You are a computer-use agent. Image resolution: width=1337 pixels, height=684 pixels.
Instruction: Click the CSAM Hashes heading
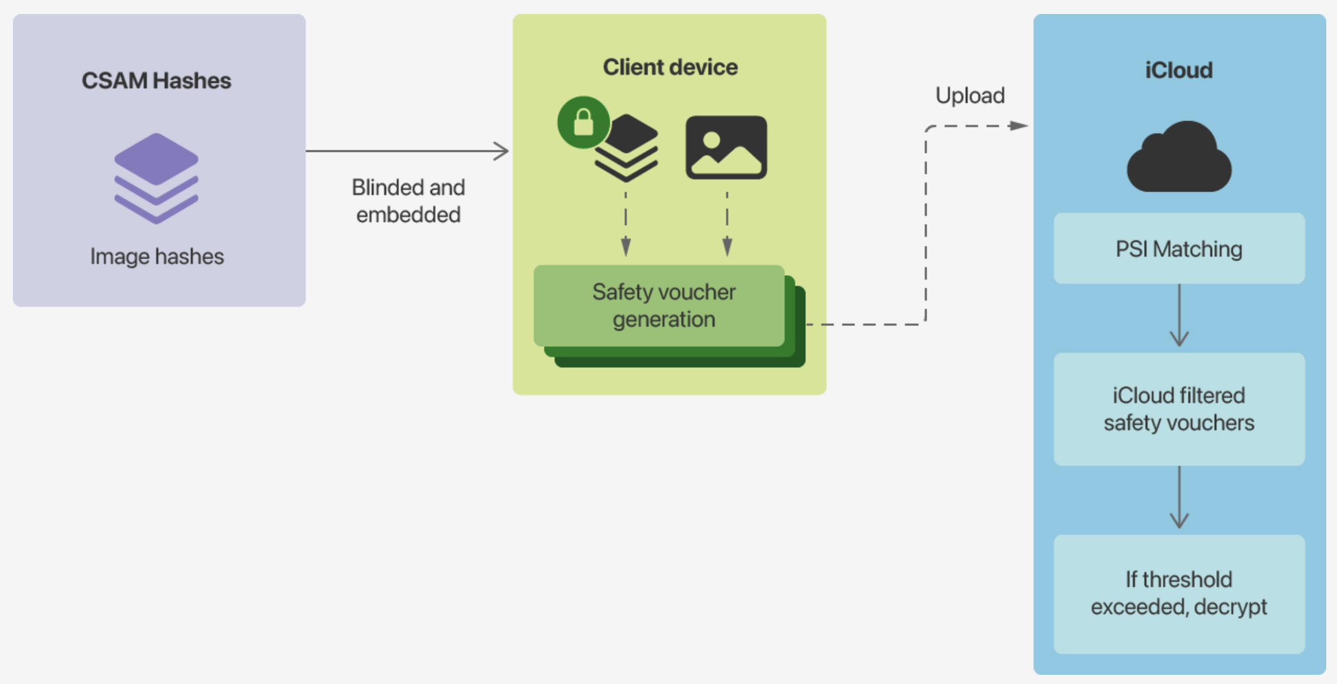click(x=156, y=81)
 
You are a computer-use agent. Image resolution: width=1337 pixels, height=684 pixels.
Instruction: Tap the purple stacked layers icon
click(x=156, y=178)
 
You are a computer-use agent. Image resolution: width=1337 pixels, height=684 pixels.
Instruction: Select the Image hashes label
click(x=157, y=256)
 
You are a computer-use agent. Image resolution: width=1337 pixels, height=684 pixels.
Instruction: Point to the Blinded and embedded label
click(x=408, y=201)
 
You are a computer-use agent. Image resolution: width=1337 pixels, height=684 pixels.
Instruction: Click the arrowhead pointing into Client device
click(x=502, y=151)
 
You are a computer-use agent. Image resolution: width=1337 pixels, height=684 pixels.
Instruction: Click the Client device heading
click(x=670, y=67)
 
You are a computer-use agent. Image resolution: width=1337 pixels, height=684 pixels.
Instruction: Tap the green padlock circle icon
click(x=583, y=122)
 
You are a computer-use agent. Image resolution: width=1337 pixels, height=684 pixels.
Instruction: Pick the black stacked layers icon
click(x=626, y=148)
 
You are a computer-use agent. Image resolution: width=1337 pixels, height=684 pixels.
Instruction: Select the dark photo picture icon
click(x=726, y=147)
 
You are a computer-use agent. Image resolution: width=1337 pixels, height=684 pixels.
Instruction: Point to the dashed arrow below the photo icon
click(x=727, y=224)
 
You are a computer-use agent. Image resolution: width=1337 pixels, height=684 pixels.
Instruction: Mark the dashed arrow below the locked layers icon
click(x=625, y=224)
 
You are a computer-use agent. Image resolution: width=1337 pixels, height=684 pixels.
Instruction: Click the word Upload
click(x=970, y=96)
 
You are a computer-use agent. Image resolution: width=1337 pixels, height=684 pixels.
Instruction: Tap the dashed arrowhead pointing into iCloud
click(x=1018, y=126)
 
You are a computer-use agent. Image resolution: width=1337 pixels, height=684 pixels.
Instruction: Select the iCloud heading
click(x=1179, y=71)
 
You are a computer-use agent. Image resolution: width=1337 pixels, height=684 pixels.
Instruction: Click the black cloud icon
click(x=1179, y=158)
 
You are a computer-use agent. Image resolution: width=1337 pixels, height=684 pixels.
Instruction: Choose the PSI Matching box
click(x=1179, y=249)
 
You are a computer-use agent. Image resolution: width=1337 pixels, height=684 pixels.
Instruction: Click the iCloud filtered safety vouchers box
click(x=1179, y=409)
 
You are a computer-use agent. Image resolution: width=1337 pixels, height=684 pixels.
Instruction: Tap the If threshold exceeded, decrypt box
click(x=1179, y=594)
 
